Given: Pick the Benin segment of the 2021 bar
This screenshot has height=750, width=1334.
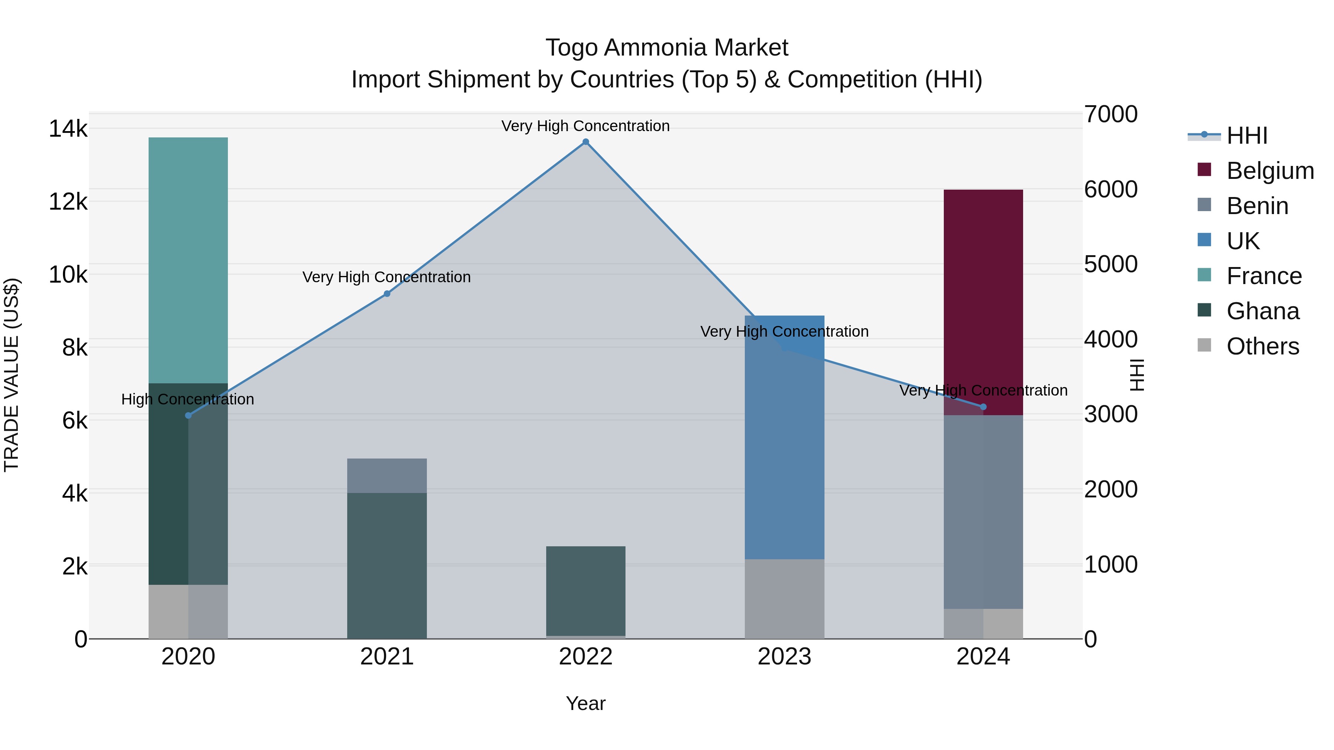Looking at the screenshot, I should pyautogui.click(x=387, y=475).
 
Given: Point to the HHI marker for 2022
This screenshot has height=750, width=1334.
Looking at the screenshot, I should pyautogui.click(x=586, y=142).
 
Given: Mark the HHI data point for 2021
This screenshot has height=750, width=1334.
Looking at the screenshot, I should pyautogui.click(x=387, y=293).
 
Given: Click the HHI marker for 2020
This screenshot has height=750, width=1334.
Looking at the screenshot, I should pyautogui.click(x=188, y=415).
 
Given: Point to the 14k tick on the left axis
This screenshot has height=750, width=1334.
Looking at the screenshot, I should pyautogui.click(x=68, y=129).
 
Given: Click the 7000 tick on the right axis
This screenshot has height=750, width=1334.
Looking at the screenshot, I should pyautogui.click(x=1111, y=114).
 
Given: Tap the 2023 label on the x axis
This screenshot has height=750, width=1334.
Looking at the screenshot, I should pyautogui.click(x=784, y=657).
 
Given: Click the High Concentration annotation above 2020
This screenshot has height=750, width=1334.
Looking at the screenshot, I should pyautogui.click(x=188, y=399).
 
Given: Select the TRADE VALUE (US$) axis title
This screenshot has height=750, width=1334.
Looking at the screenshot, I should pyautogui.click(x=11, y=375).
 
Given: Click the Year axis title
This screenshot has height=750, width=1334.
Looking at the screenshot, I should pyautogui.click(x=586, y=703).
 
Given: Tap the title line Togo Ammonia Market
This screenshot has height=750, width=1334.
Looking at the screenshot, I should pyautogui.click(x=667, y=48).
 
